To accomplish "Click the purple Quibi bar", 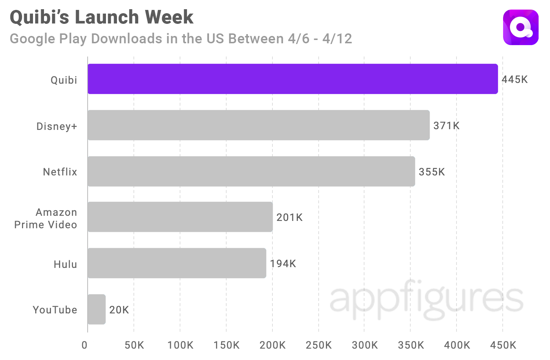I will pos(293,79).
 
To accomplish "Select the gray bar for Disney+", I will pos(258,125).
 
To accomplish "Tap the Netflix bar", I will pos(251,171).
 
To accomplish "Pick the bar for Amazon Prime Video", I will pos(180,217).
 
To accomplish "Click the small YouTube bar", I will pos(97,309).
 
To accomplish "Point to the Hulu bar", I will pos(177,263).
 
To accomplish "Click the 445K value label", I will pos(514,80).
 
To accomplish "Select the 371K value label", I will pos(446,126).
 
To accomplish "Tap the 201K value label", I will pos(289,218).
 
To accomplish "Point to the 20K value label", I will pos(119,310).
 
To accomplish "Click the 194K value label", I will pos(283,264).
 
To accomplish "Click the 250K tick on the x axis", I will pos(318,345).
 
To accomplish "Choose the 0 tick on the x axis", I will pos(85,345).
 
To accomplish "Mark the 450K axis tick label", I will pos(503,345).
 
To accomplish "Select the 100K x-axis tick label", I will pos(180,345).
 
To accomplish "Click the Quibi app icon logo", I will pos(521,28).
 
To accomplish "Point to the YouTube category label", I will pos(55,310).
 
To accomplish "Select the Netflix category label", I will pos(60,172).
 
